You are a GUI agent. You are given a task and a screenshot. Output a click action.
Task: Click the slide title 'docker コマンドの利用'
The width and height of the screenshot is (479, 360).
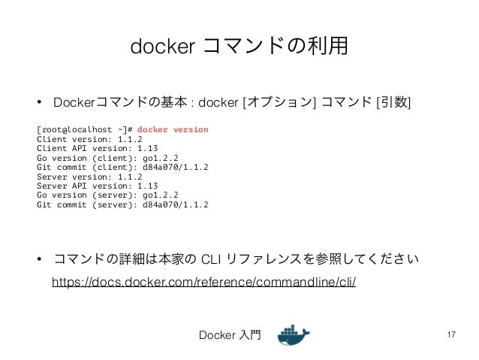pos(239,47)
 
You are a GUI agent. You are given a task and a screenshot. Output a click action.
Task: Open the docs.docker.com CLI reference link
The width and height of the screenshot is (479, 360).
pos(203,282)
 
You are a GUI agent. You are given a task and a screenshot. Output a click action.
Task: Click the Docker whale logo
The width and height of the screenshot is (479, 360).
pos(294,335)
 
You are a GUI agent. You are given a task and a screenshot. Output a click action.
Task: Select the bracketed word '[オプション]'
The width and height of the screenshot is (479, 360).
pos(279,101)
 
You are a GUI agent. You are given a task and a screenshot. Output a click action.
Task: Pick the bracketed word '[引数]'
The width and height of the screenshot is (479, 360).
pos(393,101)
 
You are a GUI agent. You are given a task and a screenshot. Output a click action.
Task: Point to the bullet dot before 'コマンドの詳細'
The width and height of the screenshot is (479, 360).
pos(39,261)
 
